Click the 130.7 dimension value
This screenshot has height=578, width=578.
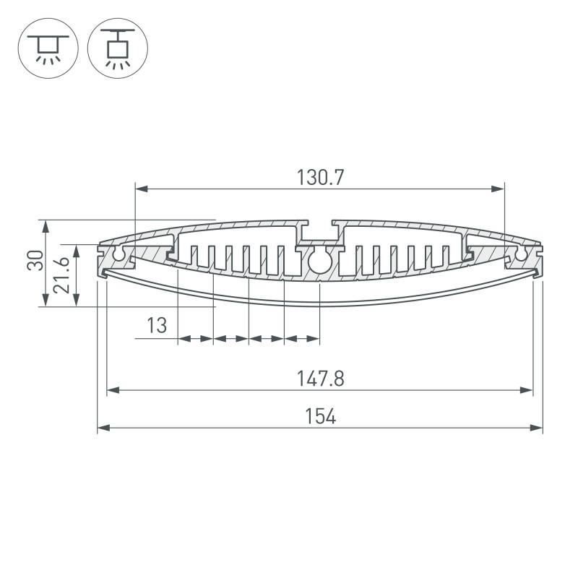tap(319, 177)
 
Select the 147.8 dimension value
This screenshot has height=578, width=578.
tap(320, 378)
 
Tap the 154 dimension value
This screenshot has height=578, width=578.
tap(320, 416)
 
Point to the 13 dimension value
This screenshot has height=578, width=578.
tap(156, 326)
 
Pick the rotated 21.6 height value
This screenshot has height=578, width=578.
tap(63, 275)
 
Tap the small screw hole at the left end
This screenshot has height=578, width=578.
tap(118, 255)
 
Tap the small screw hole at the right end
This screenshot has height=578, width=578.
tap(521, 255)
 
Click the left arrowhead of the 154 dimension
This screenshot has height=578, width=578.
tap(102, 428)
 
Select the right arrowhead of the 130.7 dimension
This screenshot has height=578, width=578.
tap(499, 189)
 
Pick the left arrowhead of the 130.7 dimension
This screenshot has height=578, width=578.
tap(140, 189)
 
